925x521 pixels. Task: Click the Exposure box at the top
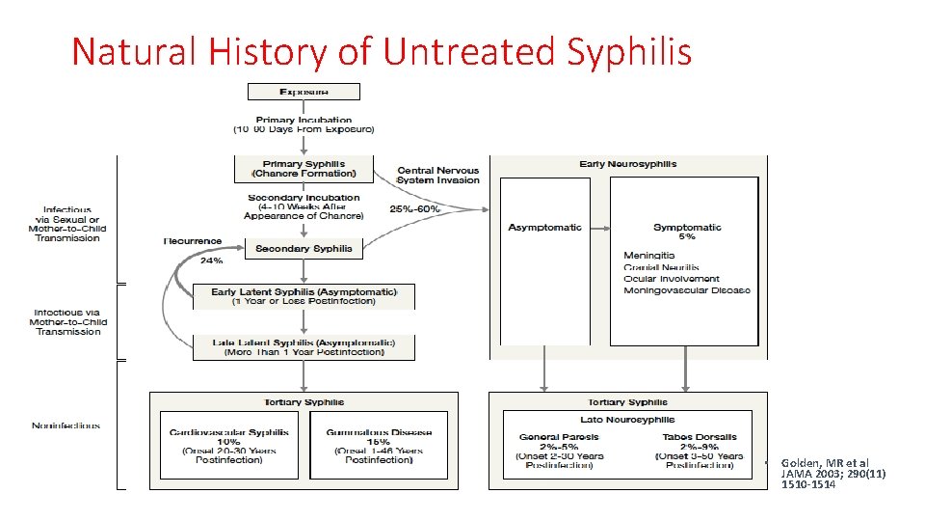click(304, 92)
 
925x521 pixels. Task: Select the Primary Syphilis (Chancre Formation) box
click(304, 169)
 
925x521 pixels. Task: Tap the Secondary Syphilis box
click(304, 249)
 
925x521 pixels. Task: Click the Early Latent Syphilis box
click(304, 296)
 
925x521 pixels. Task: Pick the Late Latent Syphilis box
click(304, 347)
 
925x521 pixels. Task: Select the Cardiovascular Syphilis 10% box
click(229, 446)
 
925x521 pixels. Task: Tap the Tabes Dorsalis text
click(699, 437)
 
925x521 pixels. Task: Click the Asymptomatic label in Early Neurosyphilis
click(544, 228)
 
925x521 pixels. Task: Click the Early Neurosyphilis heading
click(627, 164)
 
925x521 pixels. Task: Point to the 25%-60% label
click(414, 208)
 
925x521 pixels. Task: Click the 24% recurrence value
click(211, 260)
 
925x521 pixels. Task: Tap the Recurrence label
click(193, 241)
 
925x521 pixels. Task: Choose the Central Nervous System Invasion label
click(438, 176)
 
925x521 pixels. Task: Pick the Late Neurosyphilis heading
click(627, 420)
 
